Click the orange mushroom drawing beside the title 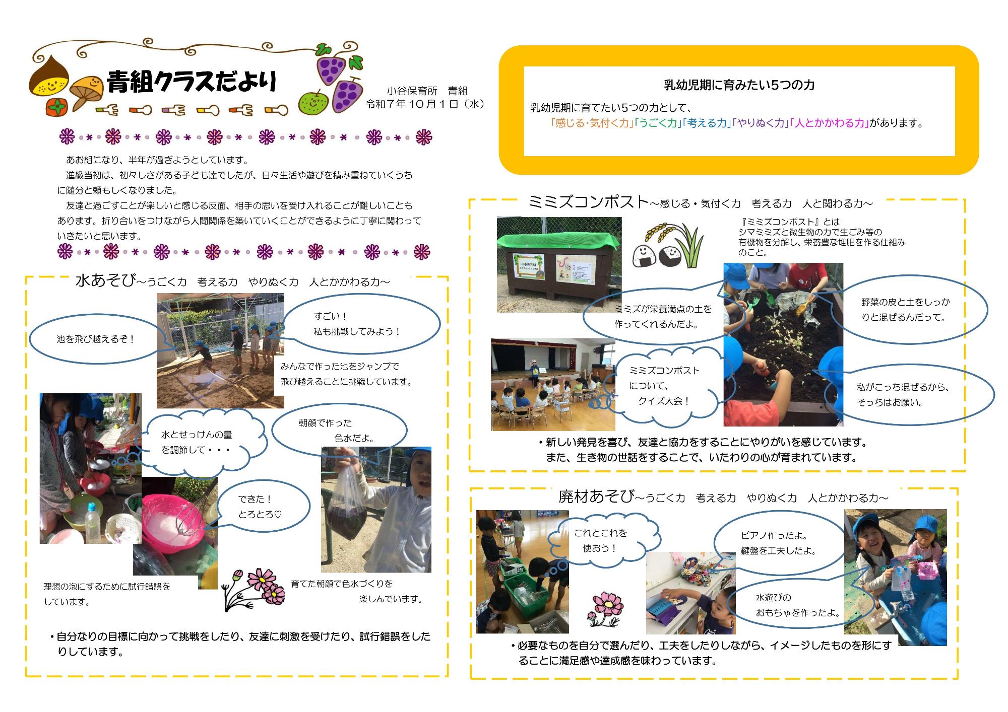click(x=86, y=91)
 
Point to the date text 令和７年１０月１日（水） click(x=425, y=104)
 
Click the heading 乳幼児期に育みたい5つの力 click(x=739, y=85)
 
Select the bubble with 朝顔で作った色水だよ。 click(x=339, y=430)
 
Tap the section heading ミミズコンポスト click(x=588, y=202)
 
